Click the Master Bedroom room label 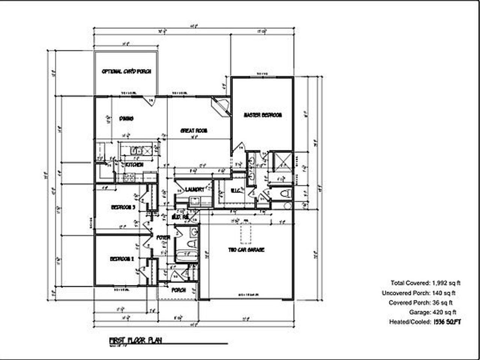click(x=262, y=115)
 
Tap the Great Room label click(x=194, y=130)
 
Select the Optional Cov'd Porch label click(x=126, y=71)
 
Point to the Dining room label click(x=126, y=118)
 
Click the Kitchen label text click(x=134, y=165)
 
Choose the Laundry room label click(x=195, y=190)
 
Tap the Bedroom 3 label click(x=123, y=207)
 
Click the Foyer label click(x=163, y=237)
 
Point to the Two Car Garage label click(x=246, y=250)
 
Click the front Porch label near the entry click(x=178, y=290)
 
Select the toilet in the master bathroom click(x=286, y=193)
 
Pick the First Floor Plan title click(x=136, y=340)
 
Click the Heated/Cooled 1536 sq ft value click(x=447, y=322)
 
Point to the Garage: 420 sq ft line click(x=432, y=312)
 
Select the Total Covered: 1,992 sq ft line click(x=425, y=283)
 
